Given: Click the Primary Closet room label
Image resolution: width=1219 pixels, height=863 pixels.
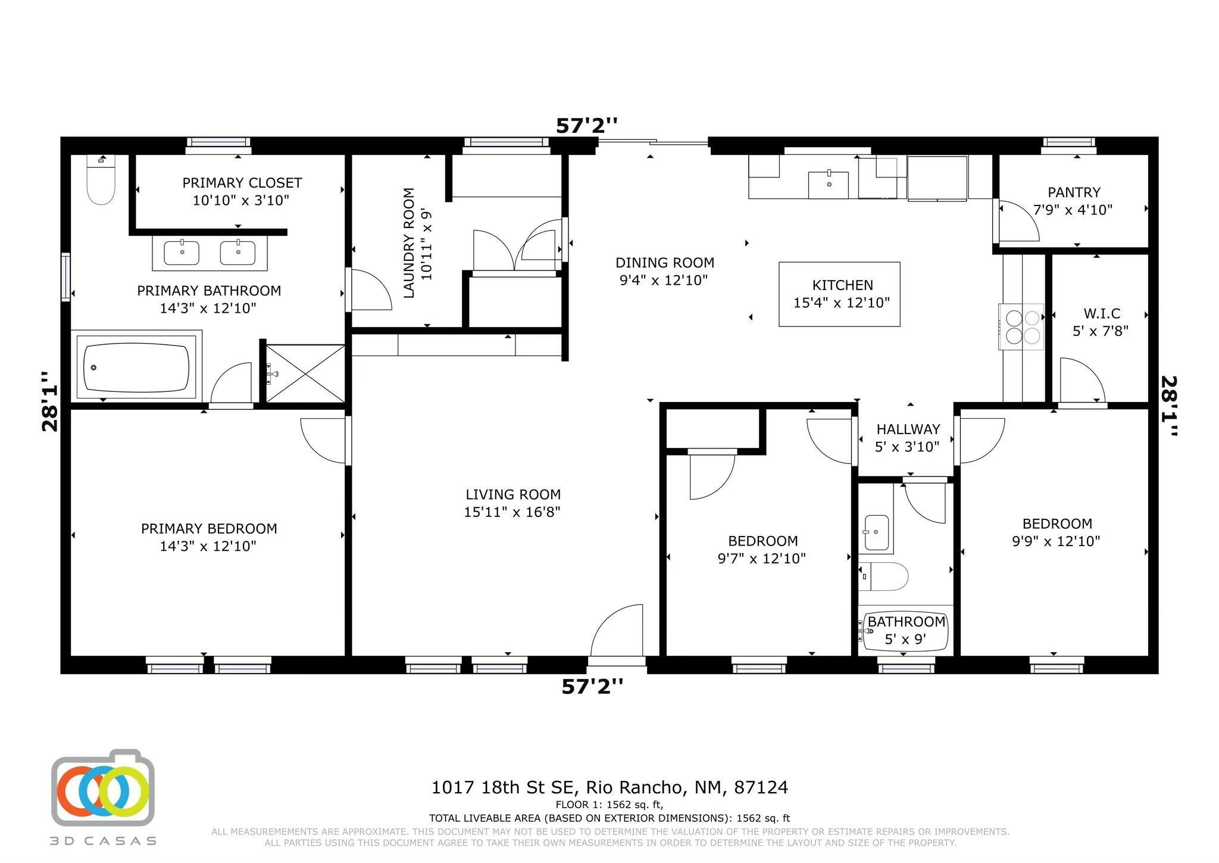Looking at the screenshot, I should tap(242, 183).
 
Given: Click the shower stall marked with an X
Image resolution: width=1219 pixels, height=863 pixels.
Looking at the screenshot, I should tap(305, 373).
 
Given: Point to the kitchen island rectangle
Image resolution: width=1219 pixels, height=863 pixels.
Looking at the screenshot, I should tap(839, 294).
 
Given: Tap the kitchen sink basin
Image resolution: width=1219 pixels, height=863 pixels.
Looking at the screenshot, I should tap(829, 184).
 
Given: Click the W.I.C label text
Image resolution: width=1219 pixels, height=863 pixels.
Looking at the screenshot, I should tap(1101, 313).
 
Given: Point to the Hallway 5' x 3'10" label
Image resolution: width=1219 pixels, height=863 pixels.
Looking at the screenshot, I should tap(907, 438).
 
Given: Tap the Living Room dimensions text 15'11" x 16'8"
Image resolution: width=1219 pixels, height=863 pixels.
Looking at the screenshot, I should tap(512, 512).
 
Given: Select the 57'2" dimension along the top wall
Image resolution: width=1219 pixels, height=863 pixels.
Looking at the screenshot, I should tap(586, 126).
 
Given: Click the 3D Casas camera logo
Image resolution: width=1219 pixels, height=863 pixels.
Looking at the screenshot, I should tap(103, 787).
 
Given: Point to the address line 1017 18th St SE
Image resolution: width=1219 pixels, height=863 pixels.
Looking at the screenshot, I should tap(609, 787).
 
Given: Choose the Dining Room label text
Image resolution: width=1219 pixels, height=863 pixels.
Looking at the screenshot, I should tap(664, 263).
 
